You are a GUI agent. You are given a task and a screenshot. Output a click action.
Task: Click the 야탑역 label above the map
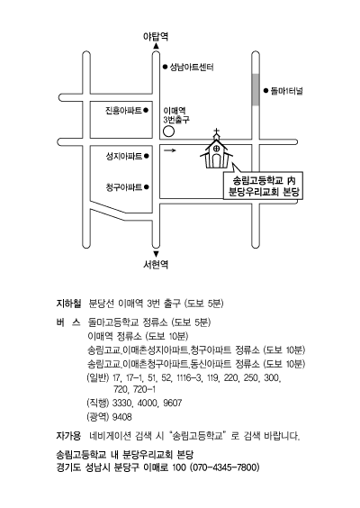156,36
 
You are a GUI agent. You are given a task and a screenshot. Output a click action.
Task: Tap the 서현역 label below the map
156,265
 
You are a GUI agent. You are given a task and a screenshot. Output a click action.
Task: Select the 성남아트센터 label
192,67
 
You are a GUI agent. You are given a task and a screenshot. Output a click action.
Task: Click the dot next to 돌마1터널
265,91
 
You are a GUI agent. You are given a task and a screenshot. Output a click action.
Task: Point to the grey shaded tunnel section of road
256,89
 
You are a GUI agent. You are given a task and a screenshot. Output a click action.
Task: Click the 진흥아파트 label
123,111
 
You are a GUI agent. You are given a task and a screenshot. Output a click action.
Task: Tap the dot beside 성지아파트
147,156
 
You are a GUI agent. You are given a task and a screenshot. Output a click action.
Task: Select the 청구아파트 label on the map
124,187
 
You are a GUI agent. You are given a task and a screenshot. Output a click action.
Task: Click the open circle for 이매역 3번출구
168,132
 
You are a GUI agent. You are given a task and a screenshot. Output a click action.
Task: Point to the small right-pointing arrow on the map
170,150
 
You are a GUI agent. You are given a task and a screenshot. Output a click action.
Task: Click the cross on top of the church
216,132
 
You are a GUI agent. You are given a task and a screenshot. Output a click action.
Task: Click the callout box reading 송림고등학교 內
263,186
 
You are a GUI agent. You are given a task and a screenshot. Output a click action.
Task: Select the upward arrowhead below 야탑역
156,46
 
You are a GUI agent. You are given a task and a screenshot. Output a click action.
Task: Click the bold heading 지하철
68,304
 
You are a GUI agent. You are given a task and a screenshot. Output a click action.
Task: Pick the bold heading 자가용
68,436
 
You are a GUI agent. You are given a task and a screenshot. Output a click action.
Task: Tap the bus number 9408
122,417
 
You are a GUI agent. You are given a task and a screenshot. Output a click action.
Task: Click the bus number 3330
122,403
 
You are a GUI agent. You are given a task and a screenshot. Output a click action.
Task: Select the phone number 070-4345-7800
224,467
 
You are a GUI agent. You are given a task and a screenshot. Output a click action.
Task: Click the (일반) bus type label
98,377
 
